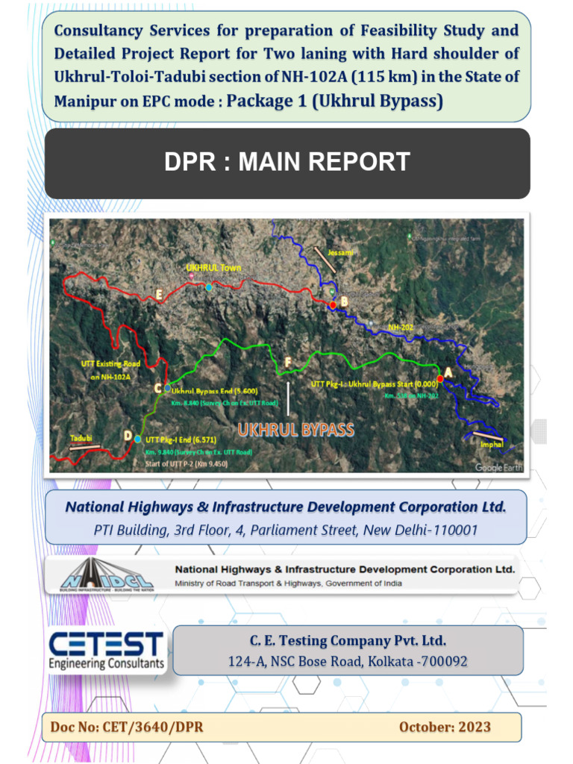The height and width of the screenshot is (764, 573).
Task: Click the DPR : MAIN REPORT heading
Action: [x=287, y=162]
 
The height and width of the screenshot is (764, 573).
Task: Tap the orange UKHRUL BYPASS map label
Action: [x=295, y=430]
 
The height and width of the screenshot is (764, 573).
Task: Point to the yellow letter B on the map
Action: [x=344, y=301]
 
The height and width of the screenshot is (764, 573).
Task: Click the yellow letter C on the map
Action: [x=157, y=388]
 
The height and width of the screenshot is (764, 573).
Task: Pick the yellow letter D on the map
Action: [x=128, y=436]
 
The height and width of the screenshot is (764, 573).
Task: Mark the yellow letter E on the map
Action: [x=159, y=295]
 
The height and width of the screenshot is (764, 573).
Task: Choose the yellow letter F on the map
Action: [x=288, y=362]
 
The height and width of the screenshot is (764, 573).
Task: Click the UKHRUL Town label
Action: [x=213, y=268]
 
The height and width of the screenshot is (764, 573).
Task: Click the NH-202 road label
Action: [x=401, y=327]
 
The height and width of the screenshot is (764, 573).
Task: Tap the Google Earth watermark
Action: [x=498, y=467]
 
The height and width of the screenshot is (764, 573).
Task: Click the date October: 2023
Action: [x=445, y=727]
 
